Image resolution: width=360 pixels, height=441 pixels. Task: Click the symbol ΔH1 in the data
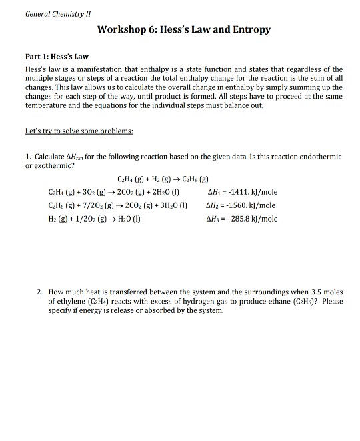click(214, 192)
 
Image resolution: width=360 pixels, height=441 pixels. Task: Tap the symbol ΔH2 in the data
click(214, 205)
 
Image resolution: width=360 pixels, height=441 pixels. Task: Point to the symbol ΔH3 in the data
click(214, 219)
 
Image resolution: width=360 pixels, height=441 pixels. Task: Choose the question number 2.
click(40, 292)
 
